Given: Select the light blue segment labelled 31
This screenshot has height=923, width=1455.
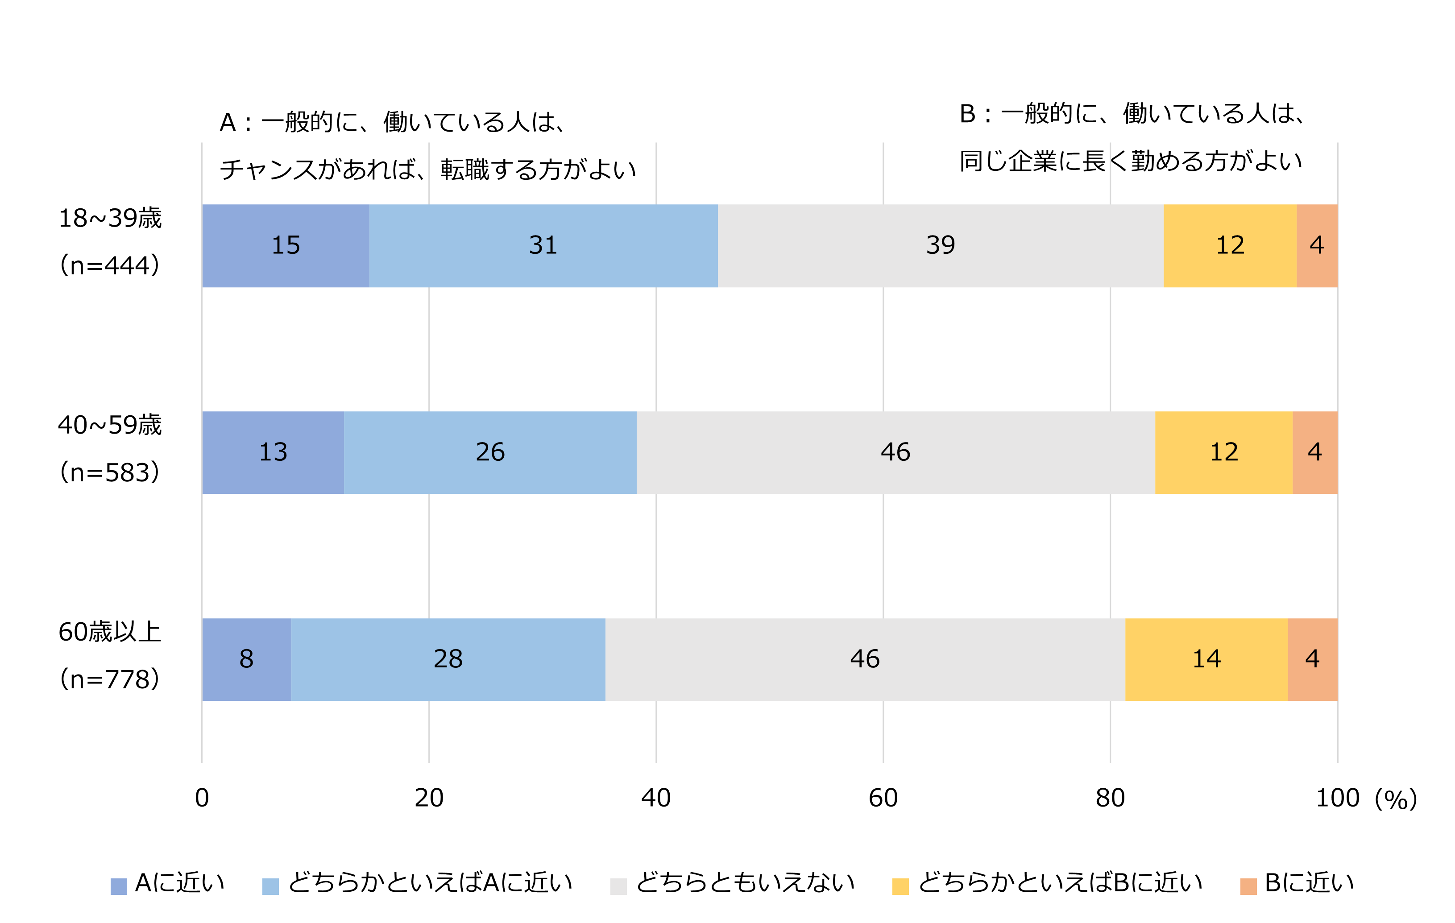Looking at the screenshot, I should tap(543, 245).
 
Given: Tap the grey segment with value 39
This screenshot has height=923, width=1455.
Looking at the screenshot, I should tap(940, 245).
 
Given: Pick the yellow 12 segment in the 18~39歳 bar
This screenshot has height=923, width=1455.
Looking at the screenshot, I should tap(1230, 245).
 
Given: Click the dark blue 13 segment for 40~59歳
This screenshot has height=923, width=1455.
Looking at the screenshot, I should tap(273, 452).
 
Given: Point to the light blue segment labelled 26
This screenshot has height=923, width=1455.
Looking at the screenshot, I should tap(489, 452).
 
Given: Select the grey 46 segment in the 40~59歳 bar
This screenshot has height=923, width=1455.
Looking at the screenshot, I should tap(895, 452).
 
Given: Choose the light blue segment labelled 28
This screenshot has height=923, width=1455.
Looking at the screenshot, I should tap(448, 659).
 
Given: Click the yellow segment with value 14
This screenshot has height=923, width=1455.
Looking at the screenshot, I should tap(1206, 659).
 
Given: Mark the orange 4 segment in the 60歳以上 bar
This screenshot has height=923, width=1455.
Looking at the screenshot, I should tap(1312, 659).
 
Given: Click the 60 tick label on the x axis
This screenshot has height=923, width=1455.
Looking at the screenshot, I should tap(883, 798).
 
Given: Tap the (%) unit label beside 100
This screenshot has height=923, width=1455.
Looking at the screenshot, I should tap(1395, 799).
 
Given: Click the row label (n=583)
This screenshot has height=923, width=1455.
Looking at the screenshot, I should tap(109, 472).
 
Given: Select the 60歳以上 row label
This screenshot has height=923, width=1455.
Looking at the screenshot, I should tap(109, 632).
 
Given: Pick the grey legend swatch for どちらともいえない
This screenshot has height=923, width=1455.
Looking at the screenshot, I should tap(618, 886).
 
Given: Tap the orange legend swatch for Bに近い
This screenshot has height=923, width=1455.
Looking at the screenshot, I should tap(1248, 886).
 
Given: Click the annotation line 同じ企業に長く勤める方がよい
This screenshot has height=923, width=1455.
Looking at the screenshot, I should tap(1130, 161).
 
